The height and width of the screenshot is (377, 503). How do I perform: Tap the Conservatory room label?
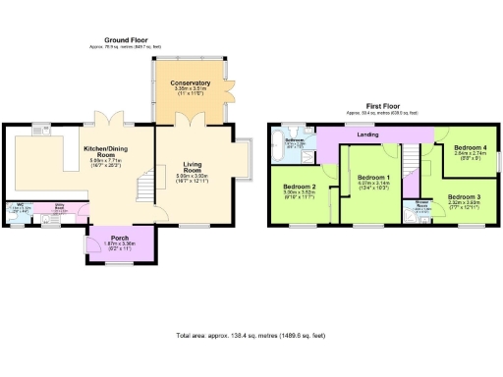(188, 81)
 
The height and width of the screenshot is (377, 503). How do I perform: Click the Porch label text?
(120, 238)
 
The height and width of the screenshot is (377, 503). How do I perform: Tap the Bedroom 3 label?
(466, 197)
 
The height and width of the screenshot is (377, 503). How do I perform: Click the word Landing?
(367, 135)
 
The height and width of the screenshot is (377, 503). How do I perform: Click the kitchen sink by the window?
(42, 132)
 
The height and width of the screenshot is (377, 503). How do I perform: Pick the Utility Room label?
(59, 208)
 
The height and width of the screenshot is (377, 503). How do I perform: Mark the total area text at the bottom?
(251, 335)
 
